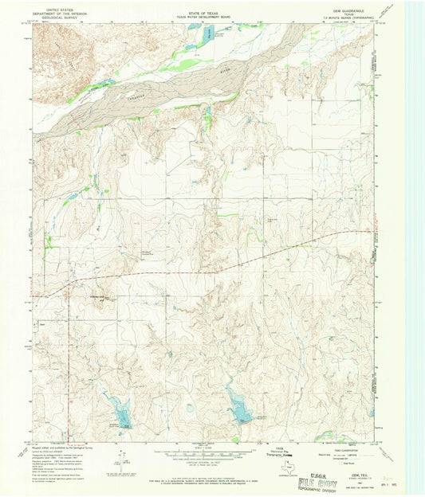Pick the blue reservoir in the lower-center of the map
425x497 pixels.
click(x=238, y=410)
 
